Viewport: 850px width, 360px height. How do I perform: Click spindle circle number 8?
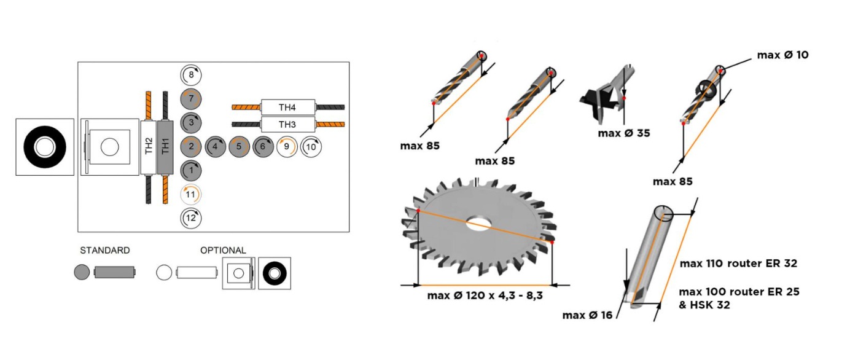tap(191, 75)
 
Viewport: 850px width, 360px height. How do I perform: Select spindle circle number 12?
tap(191, 218)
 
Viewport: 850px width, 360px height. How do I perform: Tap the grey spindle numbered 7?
tap(191, 99)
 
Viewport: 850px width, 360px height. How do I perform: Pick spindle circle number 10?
tap(311, 147)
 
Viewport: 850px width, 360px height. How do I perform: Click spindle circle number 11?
tap(191, 194)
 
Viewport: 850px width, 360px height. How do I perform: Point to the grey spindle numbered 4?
tap(215, 147)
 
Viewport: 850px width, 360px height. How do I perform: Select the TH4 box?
tap(288, 107)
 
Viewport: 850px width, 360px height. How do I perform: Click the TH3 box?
tap(288, 124)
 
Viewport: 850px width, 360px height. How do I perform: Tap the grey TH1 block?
tap(165, 147)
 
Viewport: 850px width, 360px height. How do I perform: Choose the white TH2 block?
tap(149, 147)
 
